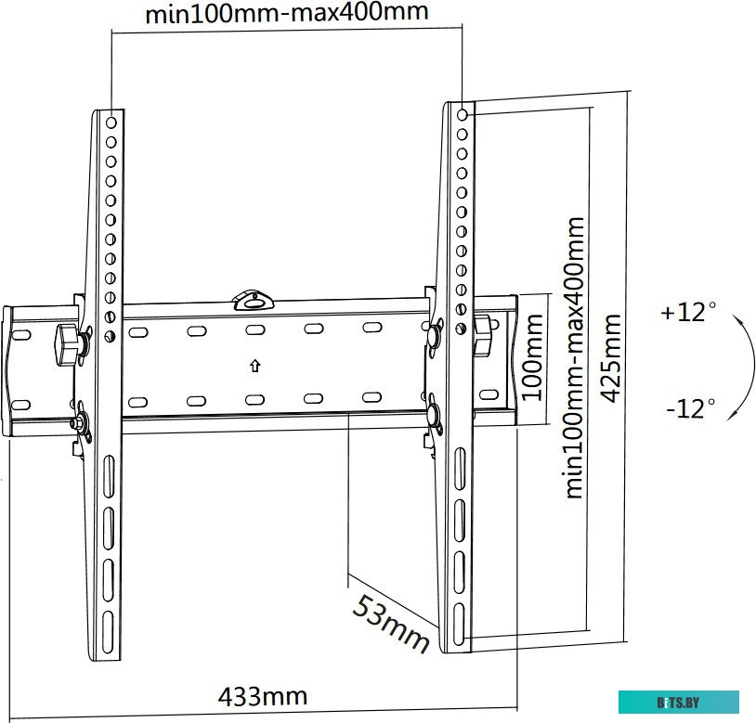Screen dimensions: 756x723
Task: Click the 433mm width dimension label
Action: [x=262, y=696]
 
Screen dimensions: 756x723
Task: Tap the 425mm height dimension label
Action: [x=612, y=358]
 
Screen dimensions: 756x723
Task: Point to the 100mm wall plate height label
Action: [x=533, y=357]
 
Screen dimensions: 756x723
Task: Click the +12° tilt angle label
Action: [x=688, y=312]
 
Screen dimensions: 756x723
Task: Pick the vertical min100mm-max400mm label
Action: [x=574, y=357]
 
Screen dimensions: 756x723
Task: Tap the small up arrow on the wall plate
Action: [x=255, y=366]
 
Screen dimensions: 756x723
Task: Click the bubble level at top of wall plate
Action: [x=254, y=300]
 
